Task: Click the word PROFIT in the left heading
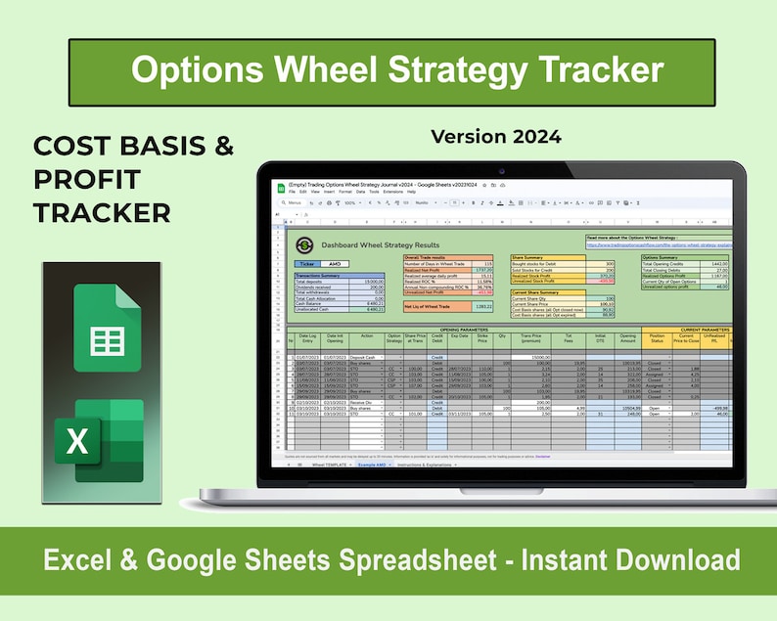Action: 86,180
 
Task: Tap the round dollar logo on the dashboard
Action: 306,244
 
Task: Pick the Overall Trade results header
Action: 431,257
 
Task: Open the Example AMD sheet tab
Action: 369,465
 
